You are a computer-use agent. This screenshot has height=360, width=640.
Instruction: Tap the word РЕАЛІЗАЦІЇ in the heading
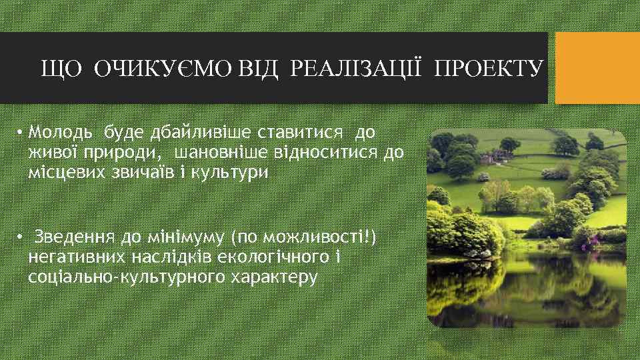point(357,68)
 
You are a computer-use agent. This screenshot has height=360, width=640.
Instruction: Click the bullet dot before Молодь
point(21,133)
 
